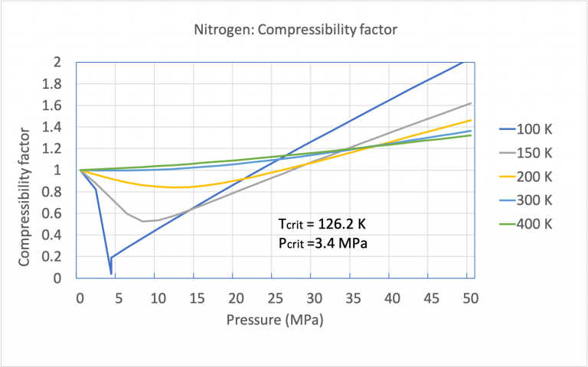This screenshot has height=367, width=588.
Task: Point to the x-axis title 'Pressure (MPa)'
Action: click(x=275, y=320)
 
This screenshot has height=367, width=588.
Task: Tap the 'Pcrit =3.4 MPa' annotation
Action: click(x=322, y=244)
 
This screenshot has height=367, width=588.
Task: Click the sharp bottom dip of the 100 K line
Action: click(x=111, y=273)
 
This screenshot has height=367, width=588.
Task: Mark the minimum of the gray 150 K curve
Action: click(x=142, y=221)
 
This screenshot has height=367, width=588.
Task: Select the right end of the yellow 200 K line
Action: click(x=470, y=120)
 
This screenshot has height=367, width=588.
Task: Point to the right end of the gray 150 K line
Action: click(x=470, y=102)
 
